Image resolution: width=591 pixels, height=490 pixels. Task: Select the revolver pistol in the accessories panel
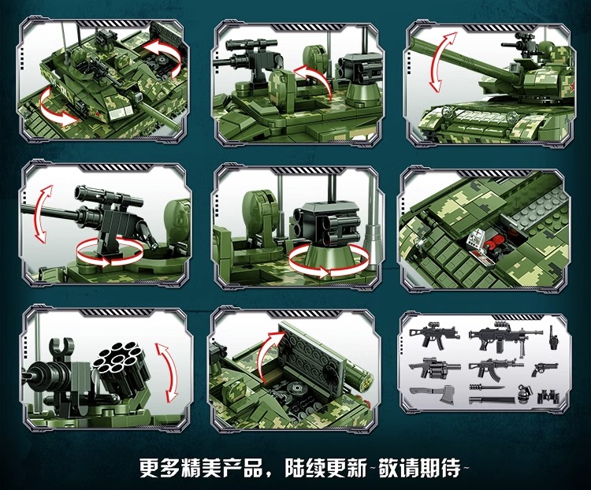point(545,369)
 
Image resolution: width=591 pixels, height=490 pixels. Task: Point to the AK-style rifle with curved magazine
point(494,366)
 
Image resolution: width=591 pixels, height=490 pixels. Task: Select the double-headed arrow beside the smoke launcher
point(164,369)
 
